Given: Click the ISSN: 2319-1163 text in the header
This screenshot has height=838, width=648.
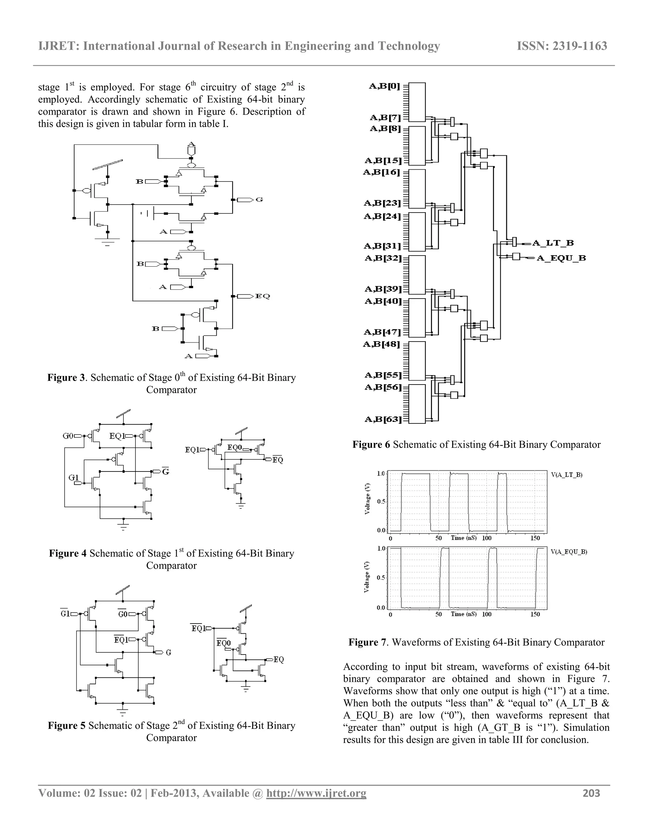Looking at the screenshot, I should coord(562,46).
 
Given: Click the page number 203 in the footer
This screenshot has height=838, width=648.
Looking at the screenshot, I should coord(591,793).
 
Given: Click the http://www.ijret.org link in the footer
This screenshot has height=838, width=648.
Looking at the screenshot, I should coord(316,793).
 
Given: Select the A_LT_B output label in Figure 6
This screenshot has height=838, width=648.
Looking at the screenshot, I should coord(553,243).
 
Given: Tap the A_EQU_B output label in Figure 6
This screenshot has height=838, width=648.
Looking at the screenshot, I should coord(561,258).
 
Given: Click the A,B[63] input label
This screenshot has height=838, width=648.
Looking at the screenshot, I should coord(383,419).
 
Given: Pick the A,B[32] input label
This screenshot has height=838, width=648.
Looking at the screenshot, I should coord(383,258).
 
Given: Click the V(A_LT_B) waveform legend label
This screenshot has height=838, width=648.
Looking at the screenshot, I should coord(567,475).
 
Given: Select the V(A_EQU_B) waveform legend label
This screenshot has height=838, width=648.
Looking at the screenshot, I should coord(569,552).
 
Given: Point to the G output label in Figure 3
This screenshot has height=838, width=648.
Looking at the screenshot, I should coord(259,200).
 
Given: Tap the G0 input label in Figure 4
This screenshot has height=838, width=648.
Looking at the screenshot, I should coord(68,436).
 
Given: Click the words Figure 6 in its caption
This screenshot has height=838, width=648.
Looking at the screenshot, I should coord(371,445).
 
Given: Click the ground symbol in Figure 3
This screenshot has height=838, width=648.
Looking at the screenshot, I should coord(108,241).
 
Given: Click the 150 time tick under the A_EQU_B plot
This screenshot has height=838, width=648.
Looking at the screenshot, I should coord(535,614).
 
